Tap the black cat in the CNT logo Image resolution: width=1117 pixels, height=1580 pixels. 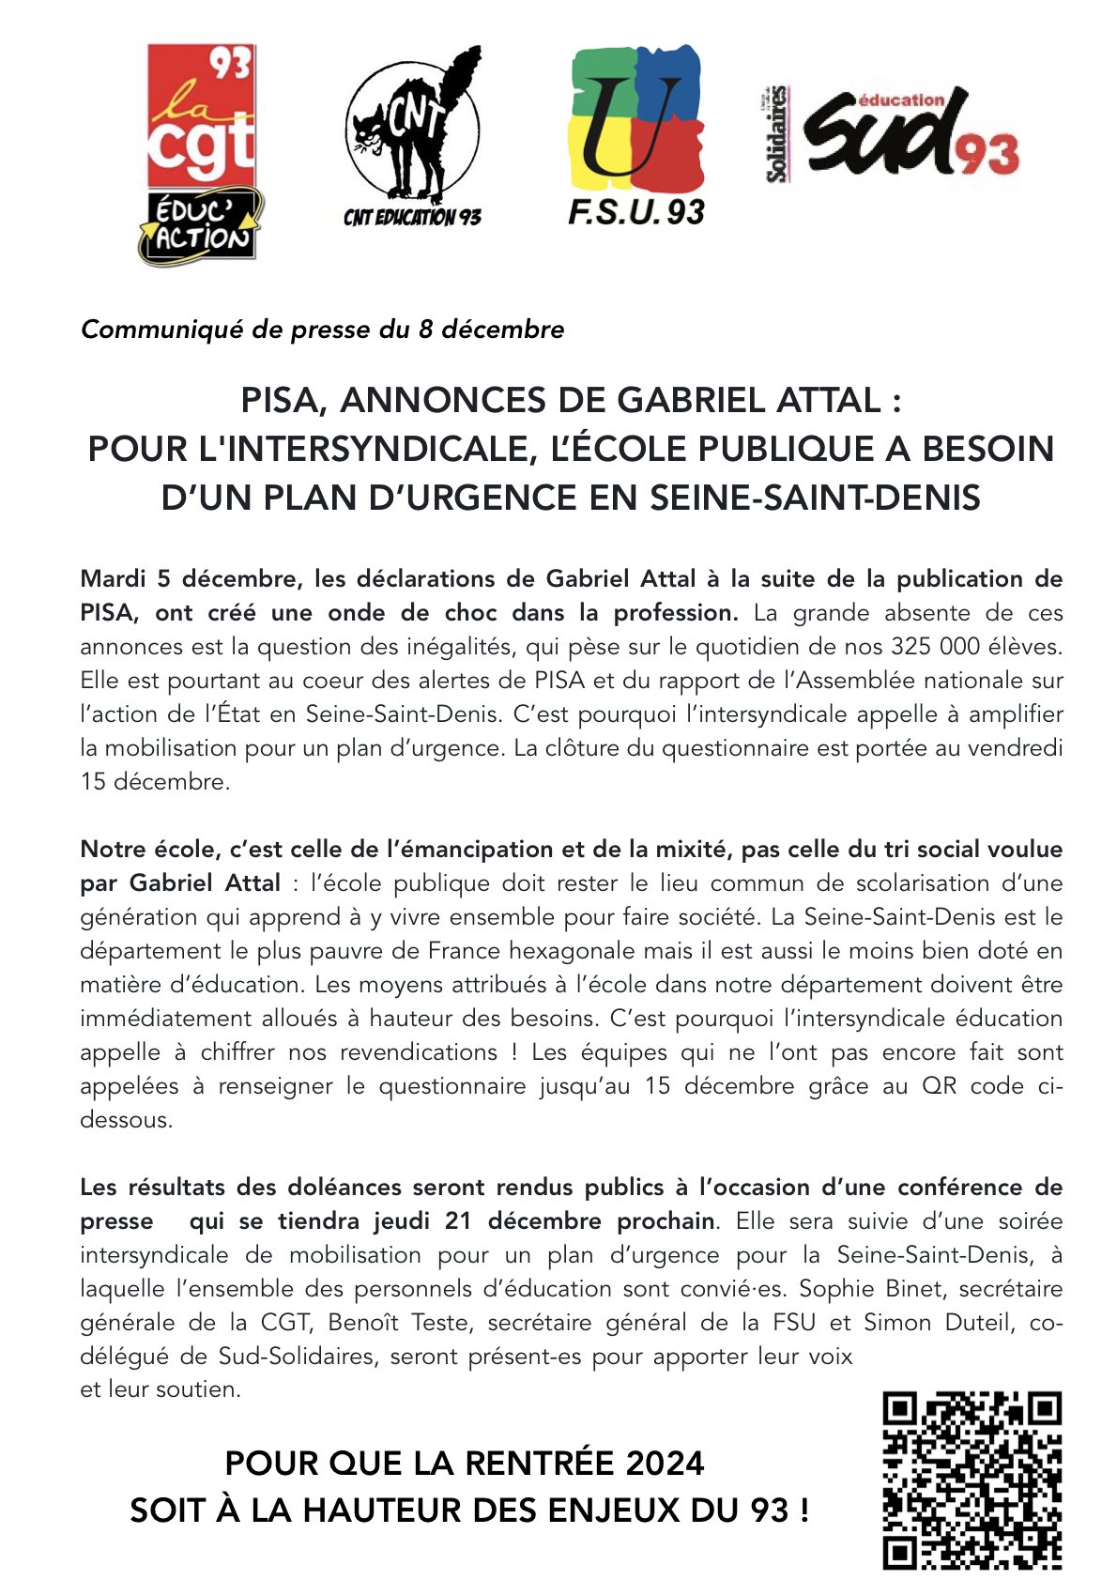(x=410, y=131)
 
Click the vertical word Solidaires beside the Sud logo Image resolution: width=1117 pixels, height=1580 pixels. (x=775, y=133)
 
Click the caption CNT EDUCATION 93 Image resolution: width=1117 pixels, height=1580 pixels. (x=412, y=218)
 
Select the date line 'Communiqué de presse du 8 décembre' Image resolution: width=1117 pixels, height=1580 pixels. (x=322, y=330)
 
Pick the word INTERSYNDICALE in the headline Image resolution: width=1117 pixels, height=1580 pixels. (x=383, y=449)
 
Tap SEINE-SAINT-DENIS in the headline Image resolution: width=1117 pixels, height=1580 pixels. (x=802, y=497)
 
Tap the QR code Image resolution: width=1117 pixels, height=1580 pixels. (x=972, y=1480)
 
